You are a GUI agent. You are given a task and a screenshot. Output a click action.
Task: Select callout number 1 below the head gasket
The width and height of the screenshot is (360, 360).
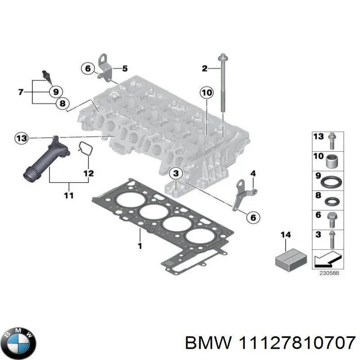[x=140, y=246]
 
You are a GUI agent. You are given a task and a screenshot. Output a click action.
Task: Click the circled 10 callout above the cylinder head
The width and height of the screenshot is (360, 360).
[x=206, y=93]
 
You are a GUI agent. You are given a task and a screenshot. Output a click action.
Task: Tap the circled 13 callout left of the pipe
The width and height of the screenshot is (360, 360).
[x=21, y=138]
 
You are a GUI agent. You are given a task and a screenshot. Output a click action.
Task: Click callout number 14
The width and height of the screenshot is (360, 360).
[x=286, y=235]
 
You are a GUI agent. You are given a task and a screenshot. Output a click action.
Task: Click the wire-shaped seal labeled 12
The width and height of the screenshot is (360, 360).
[x=84, y=150]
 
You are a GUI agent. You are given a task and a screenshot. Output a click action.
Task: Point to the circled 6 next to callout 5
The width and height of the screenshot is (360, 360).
[x=87, y=68]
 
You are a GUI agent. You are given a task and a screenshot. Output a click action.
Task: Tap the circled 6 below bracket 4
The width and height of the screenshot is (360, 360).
[x=252, y=217]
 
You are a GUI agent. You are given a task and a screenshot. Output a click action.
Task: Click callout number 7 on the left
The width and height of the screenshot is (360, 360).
[x=21, y=93]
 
